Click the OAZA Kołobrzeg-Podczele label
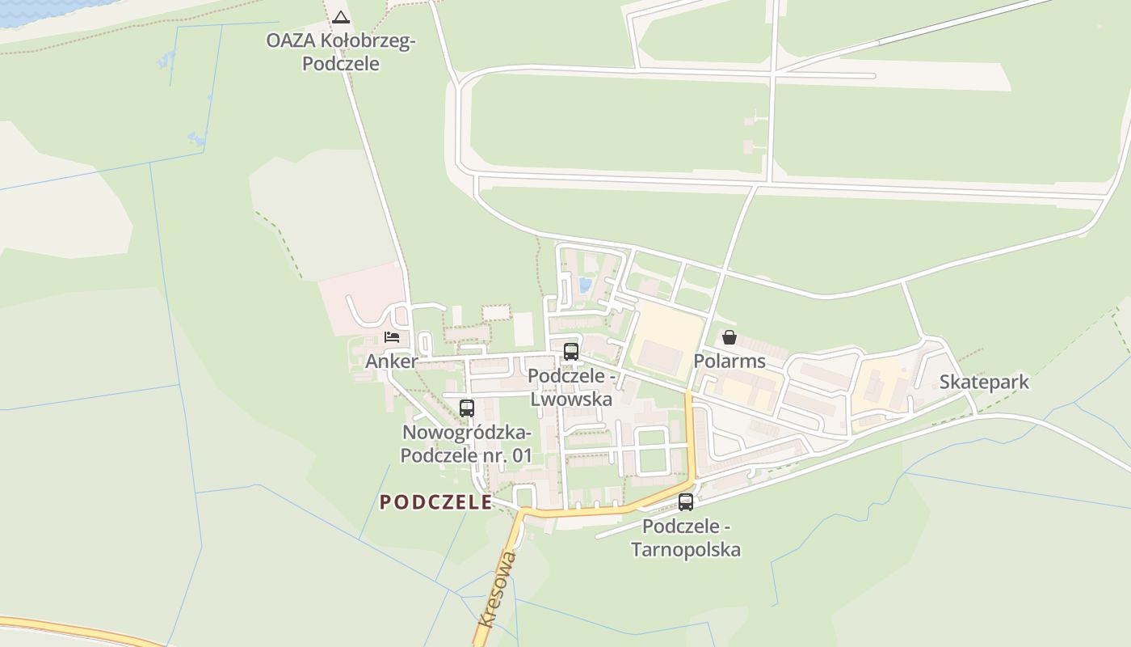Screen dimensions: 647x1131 340,52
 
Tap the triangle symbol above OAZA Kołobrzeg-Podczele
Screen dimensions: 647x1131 341,17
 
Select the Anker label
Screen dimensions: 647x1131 391,361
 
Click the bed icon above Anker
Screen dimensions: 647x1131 392,337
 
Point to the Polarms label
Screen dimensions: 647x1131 729,361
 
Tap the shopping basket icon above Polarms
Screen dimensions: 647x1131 729,337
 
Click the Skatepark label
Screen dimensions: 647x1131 984,382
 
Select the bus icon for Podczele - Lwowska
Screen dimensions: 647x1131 571,351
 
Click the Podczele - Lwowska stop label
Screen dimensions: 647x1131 571,388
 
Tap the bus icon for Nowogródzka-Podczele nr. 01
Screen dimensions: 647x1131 467,408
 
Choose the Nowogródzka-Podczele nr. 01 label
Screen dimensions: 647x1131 467,444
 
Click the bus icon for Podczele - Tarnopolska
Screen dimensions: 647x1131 686,502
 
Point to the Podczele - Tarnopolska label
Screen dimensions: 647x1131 686,539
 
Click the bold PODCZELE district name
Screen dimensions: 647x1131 436,502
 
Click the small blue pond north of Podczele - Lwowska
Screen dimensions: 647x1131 585,285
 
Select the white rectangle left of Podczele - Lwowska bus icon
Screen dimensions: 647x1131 523,329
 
